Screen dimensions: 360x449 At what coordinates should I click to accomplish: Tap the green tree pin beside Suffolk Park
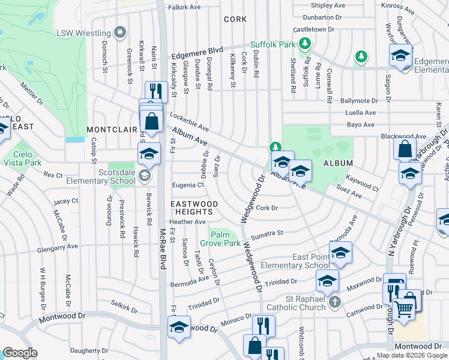point(305,44)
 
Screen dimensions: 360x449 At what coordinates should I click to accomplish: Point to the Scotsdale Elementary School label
point(105,175)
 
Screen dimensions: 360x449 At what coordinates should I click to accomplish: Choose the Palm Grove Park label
point(224,238)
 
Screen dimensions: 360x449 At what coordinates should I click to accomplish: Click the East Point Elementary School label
point(310,261)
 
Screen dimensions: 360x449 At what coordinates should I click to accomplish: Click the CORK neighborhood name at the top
point(235,19)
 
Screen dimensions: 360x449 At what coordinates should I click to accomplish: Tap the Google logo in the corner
point(20,353)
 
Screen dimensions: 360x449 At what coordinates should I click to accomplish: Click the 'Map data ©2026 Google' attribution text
point(411,355)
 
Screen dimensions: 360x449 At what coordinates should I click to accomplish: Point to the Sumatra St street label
point(267,234)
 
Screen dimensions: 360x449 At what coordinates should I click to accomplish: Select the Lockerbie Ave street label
point(189,121)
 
